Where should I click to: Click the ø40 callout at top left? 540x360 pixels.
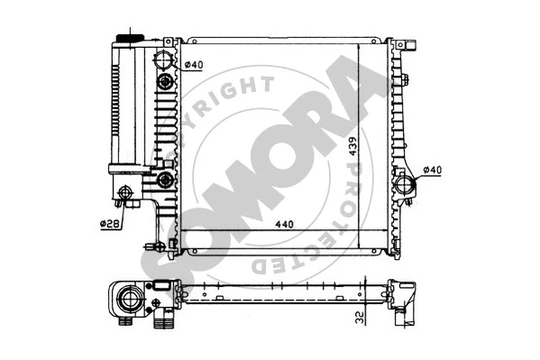tap(194, 64)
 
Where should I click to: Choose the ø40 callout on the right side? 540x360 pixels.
tap(432, 171)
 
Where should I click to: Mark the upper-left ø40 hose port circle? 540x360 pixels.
tap(164, 62)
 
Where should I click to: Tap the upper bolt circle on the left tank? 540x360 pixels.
tap(164, 83)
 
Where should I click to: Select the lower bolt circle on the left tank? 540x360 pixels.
tap(164, 180)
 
